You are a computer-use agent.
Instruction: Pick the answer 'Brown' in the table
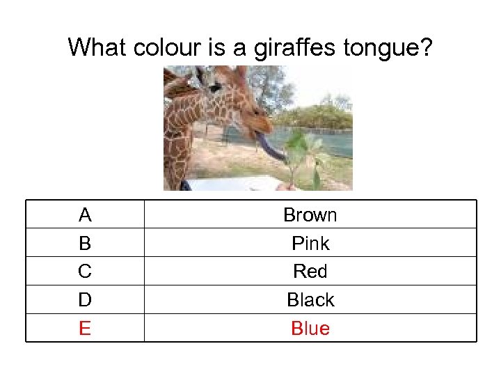click(x=310, y=215)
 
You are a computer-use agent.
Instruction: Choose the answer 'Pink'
click(x=310, y=244)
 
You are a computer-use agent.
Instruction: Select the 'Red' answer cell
click(x=310, y=272)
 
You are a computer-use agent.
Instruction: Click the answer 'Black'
click(x=310, y=300)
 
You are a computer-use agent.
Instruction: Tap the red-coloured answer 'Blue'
click(x=310, y=329)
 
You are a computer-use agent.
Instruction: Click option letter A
click(x=85, y=215)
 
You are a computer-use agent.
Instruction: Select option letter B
click(x=85, y=244)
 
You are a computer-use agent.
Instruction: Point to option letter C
click(x=85, y=272)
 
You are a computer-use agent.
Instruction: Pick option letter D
click(x=85, y=300)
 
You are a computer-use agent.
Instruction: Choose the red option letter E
click(x=85, y=329)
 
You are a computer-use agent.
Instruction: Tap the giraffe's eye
click(x=215, y=88)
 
